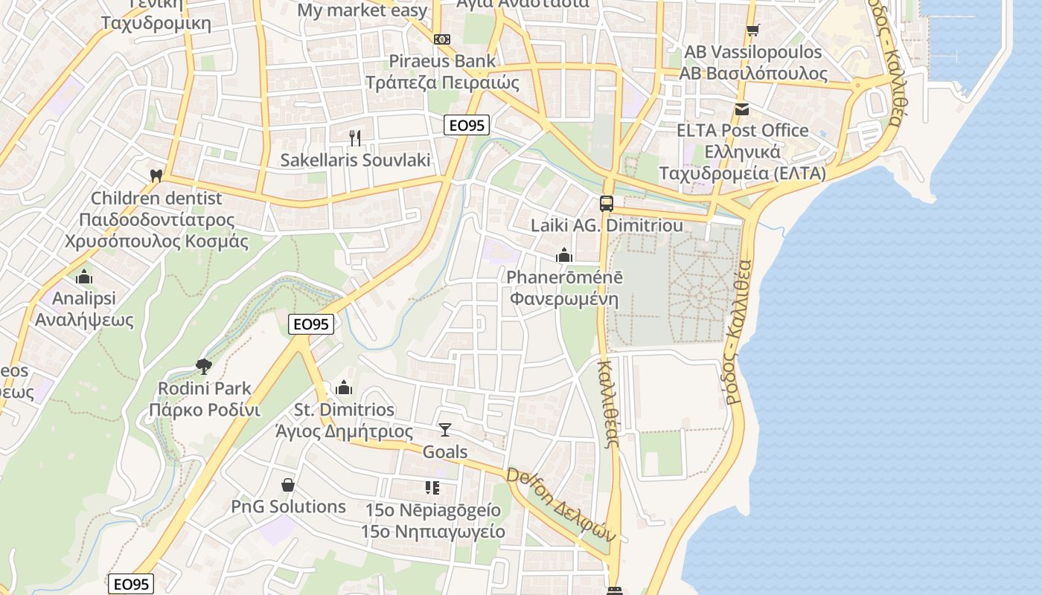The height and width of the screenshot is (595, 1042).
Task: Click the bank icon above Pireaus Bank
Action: pos(442,39)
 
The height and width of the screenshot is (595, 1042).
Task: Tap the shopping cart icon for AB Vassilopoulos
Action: pos(753,30)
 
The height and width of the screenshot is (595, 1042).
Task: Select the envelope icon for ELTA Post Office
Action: pos(742,109)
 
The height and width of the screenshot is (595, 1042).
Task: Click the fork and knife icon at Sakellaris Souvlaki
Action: pos(355,138)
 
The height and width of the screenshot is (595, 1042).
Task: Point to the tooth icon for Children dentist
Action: pos(156,176)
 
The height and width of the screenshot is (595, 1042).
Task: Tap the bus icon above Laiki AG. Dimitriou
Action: pos(607,203)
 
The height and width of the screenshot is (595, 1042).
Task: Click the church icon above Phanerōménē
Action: pos(564,255)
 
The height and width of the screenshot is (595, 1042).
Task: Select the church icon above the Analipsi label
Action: pos(84,277)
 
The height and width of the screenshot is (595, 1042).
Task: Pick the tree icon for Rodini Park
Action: pos(203,366)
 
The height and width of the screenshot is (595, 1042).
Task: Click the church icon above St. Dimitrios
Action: pos(343,387)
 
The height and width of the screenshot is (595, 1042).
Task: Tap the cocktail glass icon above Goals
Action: pos(445,429)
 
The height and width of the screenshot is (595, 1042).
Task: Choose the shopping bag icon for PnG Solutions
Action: pos(288,485)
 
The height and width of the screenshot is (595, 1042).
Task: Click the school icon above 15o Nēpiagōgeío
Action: pos(432,488)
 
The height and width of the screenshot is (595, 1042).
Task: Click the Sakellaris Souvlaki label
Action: pos(355,160)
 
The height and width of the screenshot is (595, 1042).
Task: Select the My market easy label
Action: pos(362,10)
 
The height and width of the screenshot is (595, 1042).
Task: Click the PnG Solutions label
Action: pos(288,506)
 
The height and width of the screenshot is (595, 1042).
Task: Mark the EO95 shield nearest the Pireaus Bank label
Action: pos(467,126)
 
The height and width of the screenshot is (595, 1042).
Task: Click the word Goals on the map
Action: pos(445,451)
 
